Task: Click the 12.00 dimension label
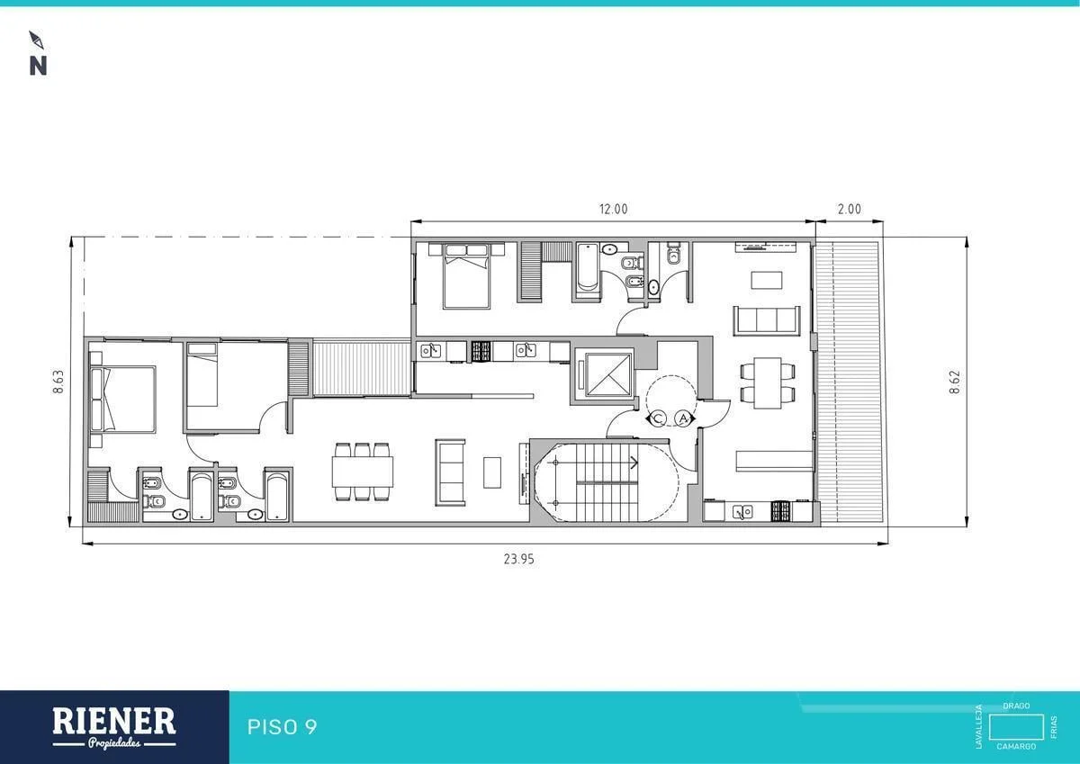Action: point(613,209)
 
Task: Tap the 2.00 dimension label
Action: point(849,209)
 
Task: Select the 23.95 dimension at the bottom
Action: point(518,559)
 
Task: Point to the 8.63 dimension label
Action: point(58,382)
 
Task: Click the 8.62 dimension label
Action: point(955,382)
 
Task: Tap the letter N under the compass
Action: point(38,67)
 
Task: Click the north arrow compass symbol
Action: point(36,40)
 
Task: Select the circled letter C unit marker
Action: point(658,418)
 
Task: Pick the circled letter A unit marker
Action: point(683,418)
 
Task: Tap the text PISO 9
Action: point(282,727)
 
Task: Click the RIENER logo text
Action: point(113,722)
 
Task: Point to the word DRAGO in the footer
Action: point(1016,706)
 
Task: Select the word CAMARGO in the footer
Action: point(1016,746)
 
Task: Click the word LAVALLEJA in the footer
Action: point(979,726)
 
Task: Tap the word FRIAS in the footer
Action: point(1054,727)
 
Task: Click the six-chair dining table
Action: point(363,472)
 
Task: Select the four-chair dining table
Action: point(768,382)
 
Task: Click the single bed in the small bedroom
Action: point(202,375)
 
